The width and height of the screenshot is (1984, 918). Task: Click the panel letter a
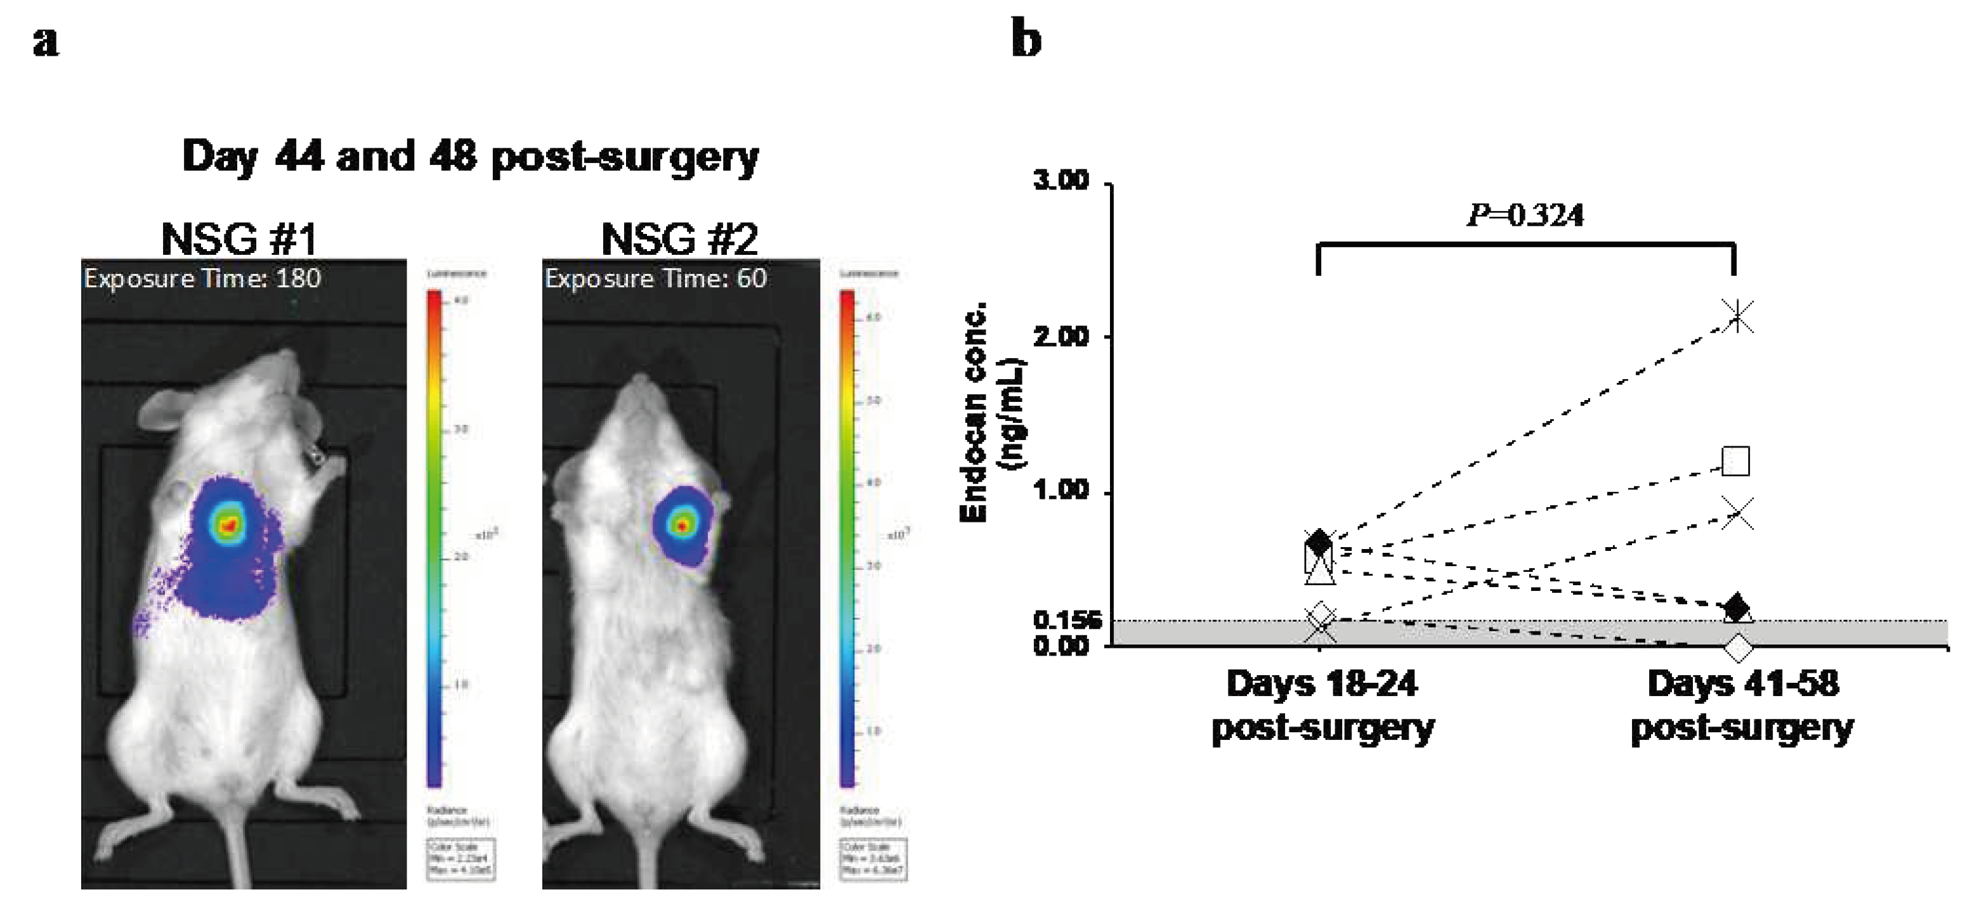pyautogui.click(x=46, y=43)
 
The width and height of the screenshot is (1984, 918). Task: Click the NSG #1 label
pyautogui.click(x=240, y=240)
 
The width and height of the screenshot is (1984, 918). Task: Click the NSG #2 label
pyautogui.click(x=679, y=240)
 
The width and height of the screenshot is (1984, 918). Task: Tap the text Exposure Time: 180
pyautogui.click(x=202, y=278)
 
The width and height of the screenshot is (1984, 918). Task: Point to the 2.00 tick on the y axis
pyautogui.click(x=1061, y=337)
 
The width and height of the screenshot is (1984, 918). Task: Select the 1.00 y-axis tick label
pyautogui.click(x=1061, y=491)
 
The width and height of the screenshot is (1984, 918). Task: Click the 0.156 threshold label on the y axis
pyautogui.click(x=1067, y=620)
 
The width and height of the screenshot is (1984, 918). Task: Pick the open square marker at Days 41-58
pyautogui.click(x=1736, y=462)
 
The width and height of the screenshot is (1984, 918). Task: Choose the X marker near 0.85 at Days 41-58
pyautogui.click(x=1737, y=514)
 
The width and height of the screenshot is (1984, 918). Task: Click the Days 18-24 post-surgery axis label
pyautogui.click(x=1322, y=706)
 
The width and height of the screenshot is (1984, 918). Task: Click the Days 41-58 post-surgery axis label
pyautogui.click(x=1742, y=706)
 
